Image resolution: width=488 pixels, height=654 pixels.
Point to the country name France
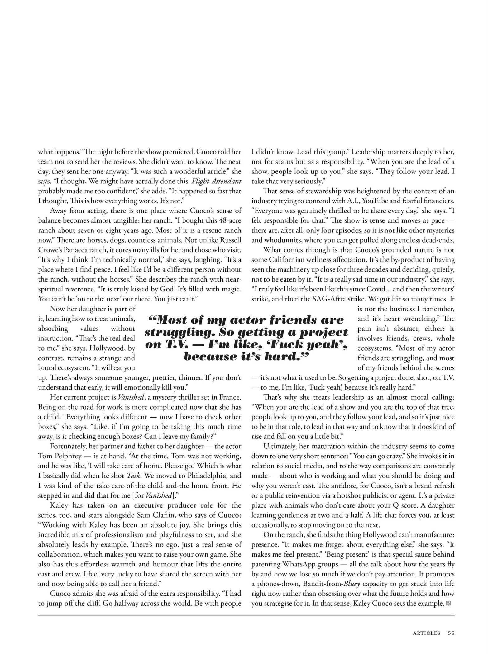point(229,397)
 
